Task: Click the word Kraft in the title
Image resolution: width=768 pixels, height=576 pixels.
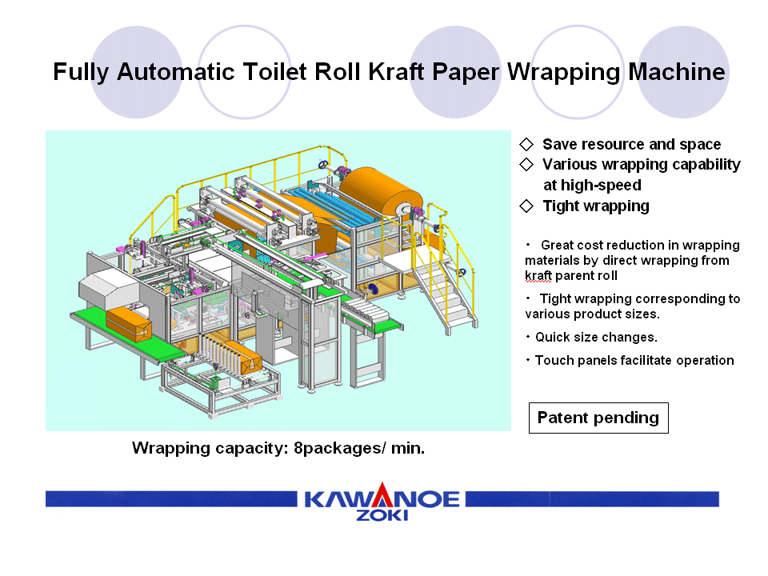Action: pyautogui.click(x=396, y=71)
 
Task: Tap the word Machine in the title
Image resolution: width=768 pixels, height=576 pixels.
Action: pyautogui.click(x=677, y=71)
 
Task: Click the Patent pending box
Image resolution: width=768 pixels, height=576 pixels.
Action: pyautogui.click(x=598, y=418)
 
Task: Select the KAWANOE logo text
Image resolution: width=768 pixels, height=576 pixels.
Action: pyautogui.click(x=382, y=499)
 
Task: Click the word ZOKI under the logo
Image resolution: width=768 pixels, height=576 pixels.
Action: pyautogui.click(x=382, y=515)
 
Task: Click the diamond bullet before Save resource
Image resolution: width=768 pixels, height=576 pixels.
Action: pyautogui.click(x=526, y=144)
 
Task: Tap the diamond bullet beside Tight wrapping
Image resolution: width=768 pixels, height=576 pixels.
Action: pyautogui.click(x=526, y=206)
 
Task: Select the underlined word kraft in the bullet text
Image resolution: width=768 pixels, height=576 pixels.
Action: pyautogui.click(x=538, y=276)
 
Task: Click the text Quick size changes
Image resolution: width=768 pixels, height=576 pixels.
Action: pyautogui.click(x=596, y=337)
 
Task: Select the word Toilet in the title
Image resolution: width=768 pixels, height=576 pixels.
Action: pyautogui.click(x=275, y=71)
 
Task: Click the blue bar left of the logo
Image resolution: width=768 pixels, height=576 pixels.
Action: pyautogui.click(x=171, y=499)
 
